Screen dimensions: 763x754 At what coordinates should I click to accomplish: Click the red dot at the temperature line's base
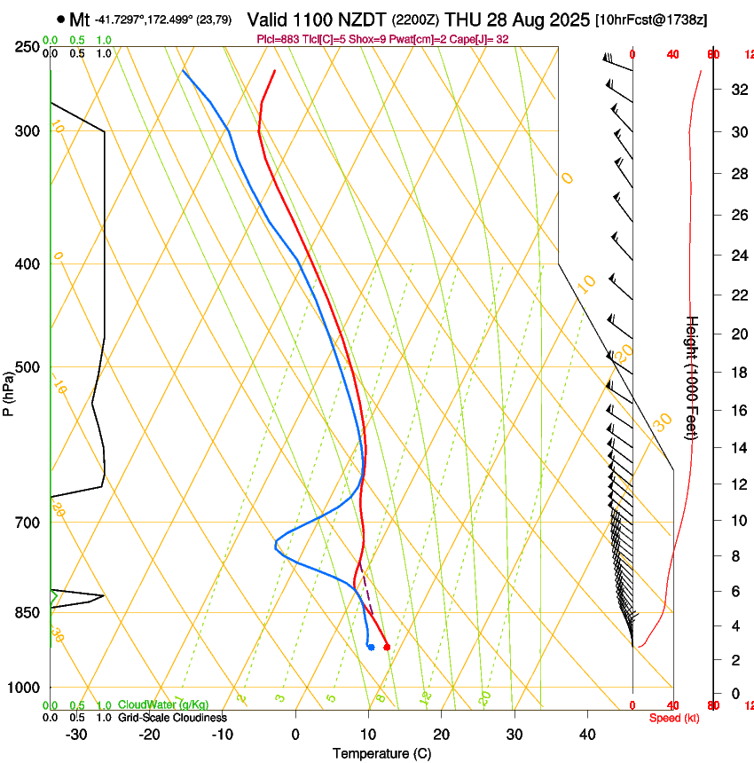pyautogui.click(x=387, y=647)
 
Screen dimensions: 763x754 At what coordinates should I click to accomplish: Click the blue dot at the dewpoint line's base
pyautogui.click(x=370, y=647)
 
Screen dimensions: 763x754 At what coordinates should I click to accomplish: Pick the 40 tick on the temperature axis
pyautogui.click(x=587, y=734)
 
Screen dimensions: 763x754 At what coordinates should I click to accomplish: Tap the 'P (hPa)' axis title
pyautogui.click(x=9, y=391)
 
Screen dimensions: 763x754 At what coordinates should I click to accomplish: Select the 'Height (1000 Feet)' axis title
pyautogui.click(x=693, y=377)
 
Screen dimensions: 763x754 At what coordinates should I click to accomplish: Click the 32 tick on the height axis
pyautogui.click(x=737, y=90)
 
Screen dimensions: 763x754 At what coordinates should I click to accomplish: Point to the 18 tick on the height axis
pyautogui.click(x=737, y=373)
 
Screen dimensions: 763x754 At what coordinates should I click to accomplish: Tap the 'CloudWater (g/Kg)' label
pyautogui.click(x=163, y=704)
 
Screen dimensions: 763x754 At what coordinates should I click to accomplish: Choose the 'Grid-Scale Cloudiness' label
pyautogui.click(x=172, y=718)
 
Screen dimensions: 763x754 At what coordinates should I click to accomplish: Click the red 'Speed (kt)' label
pyautogui.click(x=674, y=718)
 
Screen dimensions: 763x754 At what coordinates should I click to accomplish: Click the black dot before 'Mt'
pyautogui.click(x=60, y=19)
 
